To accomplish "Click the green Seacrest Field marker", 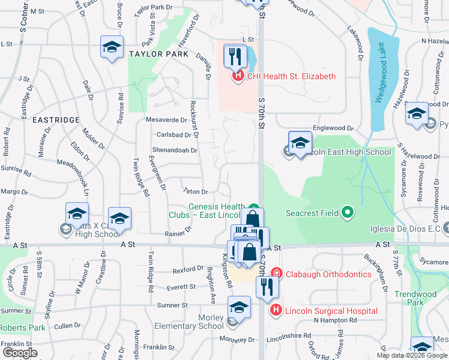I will coord(346,212).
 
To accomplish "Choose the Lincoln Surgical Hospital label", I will coord(331,311).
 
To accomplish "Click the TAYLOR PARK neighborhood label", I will coord(158,54).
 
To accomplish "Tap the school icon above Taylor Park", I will coord(112,47).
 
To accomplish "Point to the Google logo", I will coord(19,353).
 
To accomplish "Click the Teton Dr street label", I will coord(196,192).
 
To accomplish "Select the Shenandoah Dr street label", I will coord(176,151).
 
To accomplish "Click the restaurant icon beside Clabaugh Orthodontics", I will coord(267,287).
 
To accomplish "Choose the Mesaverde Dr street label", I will coord(167,120).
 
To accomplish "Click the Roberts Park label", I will coord(23,328).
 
